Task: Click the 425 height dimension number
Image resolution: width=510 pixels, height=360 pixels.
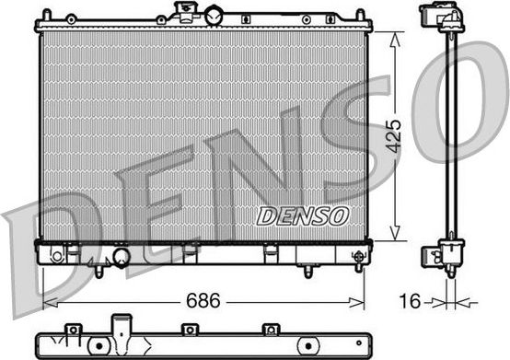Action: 393,136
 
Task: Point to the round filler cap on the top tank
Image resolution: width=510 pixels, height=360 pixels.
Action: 214,15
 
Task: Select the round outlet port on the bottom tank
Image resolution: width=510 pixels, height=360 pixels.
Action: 121,257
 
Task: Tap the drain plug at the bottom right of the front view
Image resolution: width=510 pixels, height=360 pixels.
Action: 358,260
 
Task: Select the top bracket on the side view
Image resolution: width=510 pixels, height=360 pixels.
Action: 439,18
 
